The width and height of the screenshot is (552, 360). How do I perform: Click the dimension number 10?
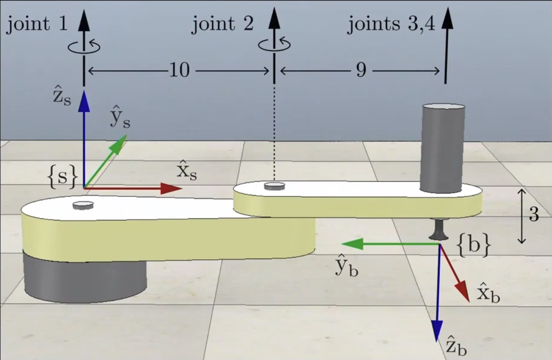click(x=179, y=71)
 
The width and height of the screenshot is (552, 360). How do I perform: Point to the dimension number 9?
click(x=361, y=71)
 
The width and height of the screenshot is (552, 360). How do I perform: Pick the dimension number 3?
click(x=534, y=216)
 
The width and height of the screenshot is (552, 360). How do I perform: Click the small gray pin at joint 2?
click(x=274, y=186)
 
